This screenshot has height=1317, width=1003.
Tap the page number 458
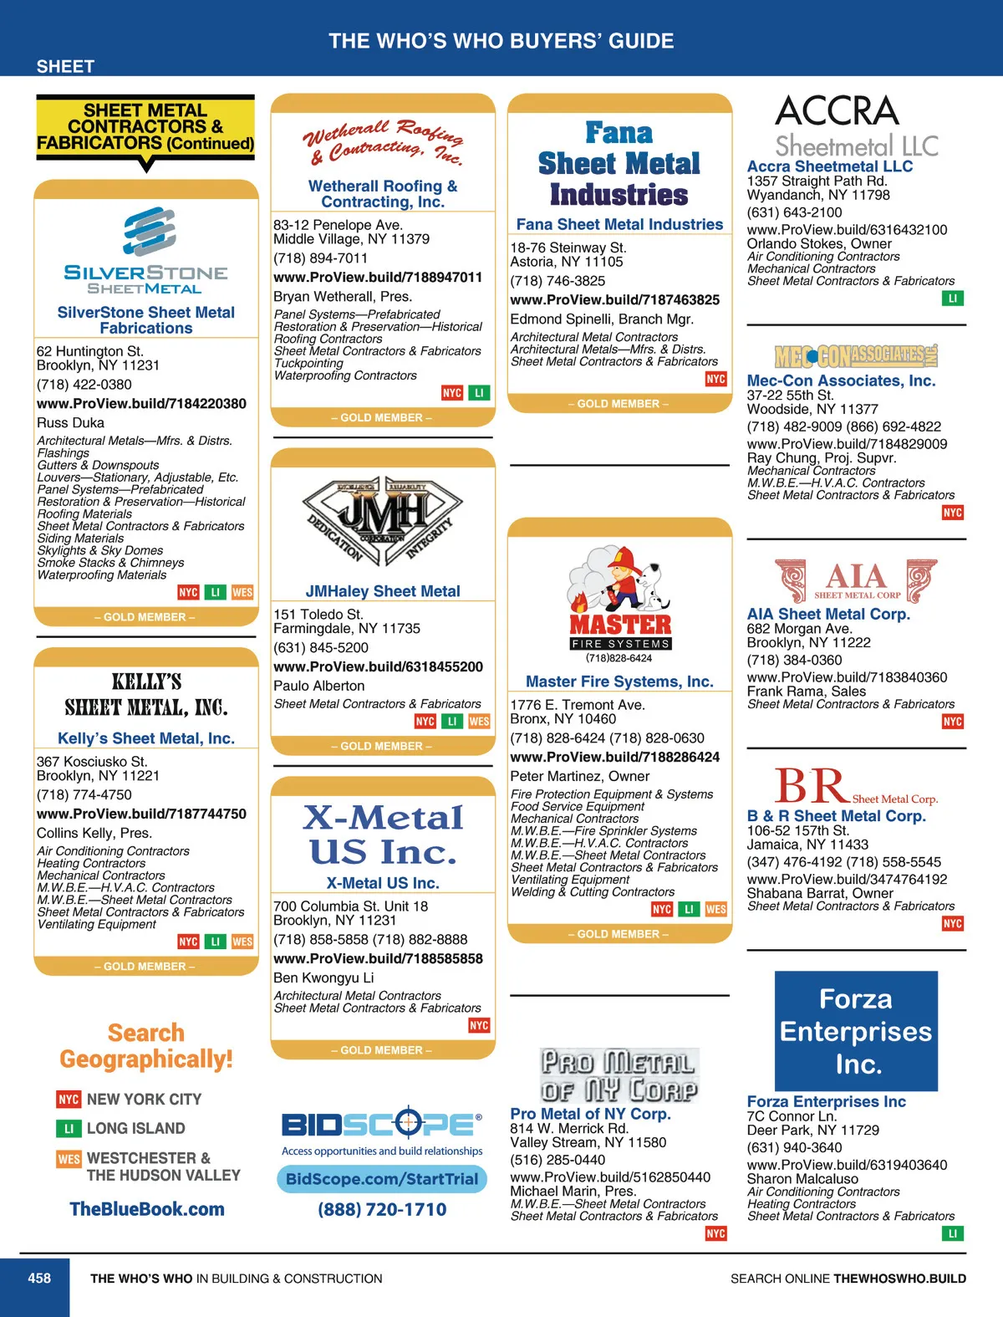point(39,1278)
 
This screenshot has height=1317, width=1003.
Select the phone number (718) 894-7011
point(320,258)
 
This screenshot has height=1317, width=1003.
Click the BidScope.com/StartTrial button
point(382,1179)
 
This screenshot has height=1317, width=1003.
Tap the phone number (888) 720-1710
point(382,1209)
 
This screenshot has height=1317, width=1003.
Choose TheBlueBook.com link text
point(147,1208)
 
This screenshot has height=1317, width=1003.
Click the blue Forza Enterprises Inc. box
point(856,1031)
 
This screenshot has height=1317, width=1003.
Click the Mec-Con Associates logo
point(856,356)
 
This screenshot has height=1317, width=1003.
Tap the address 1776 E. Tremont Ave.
point(578,705)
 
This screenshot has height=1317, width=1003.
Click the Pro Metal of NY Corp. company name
point(590,1114)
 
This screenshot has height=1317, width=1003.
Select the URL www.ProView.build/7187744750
point(141,814)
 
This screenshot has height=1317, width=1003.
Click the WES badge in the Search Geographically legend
point(69,1159)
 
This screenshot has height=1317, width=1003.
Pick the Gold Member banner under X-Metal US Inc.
point(382,1050)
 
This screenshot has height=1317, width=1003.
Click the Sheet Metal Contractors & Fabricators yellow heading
point(145,127)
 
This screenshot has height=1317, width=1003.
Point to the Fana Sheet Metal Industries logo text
point(619,164)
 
